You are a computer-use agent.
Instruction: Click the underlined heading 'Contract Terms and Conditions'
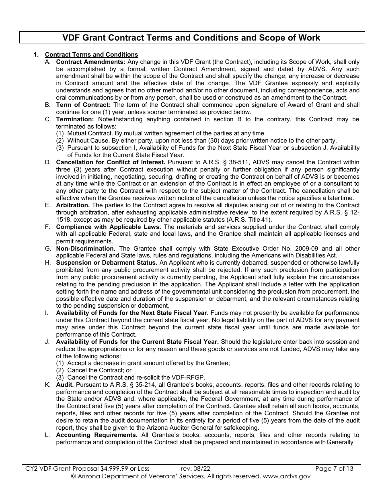point(91,55)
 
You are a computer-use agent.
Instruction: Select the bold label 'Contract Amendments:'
point(91,62)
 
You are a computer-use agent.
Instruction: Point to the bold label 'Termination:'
point(75,119)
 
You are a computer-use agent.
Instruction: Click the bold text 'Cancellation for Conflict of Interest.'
point(111,162)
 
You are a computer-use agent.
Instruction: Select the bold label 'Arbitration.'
point(73,205)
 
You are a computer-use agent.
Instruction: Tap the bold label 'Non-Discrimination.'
point(86,249)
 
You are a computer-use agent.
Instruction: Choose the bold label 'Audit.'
point(65,385)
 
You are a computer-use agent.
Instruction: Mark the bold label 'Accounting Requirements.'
point(97,435)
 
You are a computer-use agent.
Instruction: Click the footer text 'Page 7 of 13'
point(334,468)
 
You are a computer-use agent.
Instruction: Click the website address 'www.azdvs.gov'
point(286,476)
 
